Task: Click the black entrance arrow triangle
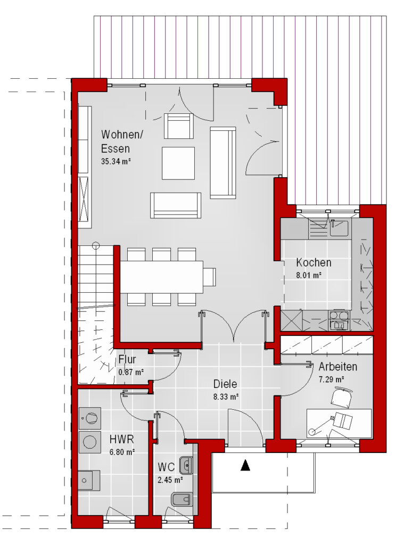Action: tap(245, 465)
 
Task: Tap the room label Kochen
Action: tap(314, 262)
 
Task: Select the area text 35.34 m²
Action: tap(116, 161)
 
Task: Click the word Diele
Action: tap(225, 384)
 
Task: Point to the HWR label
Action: tap(122, 439)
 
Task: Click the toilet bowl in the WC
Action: tap(182, 499)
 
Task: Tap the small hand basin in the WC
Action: tap(186, 465)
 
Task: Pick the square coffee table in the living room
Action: tap(178, 163)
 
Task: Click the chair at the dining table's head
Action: tap(210, 277)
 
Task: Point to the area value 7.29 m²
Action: tap(331, 379)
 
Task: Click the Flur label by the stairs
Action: tap(127, 359)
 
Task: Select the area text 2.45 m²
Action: tap(170, 480)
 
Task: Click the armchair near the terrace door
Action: tap(178, 126)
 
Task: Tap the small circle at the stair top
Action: tap(96, 246)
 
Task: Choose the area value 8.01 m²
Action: tap(309, 275)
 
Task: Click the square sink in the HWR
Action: tap(89, 480)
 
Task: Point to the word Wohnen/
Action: tap(122, 135)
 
